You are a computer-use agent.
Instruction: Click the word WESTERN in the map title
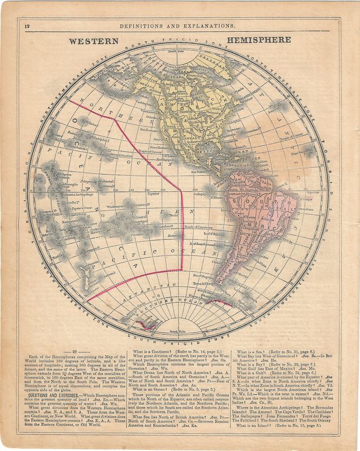point(94,41)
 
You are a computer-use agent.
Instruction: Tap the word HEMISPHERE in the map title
point(259,40)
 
